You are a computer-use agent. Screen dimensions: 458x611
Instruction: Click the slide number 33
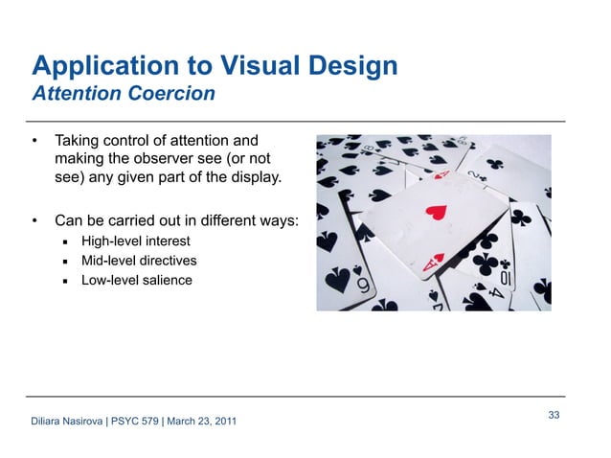[x=554, y=414]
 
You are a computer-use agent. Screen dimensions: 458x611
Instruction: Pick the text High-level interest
[x=135, y=240]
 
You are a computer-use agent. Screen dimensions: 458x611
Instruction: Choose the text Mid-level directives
[x=138, y=261]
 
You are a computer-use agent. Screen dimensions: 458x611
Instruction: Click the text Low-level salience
[x=136, y=281]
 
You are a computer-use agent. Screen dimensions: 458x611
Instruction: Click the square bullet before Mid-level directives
[x=64, y=262]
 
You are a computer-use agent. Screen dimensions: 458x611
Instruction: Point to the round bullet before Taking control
[x=35, y=141]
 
